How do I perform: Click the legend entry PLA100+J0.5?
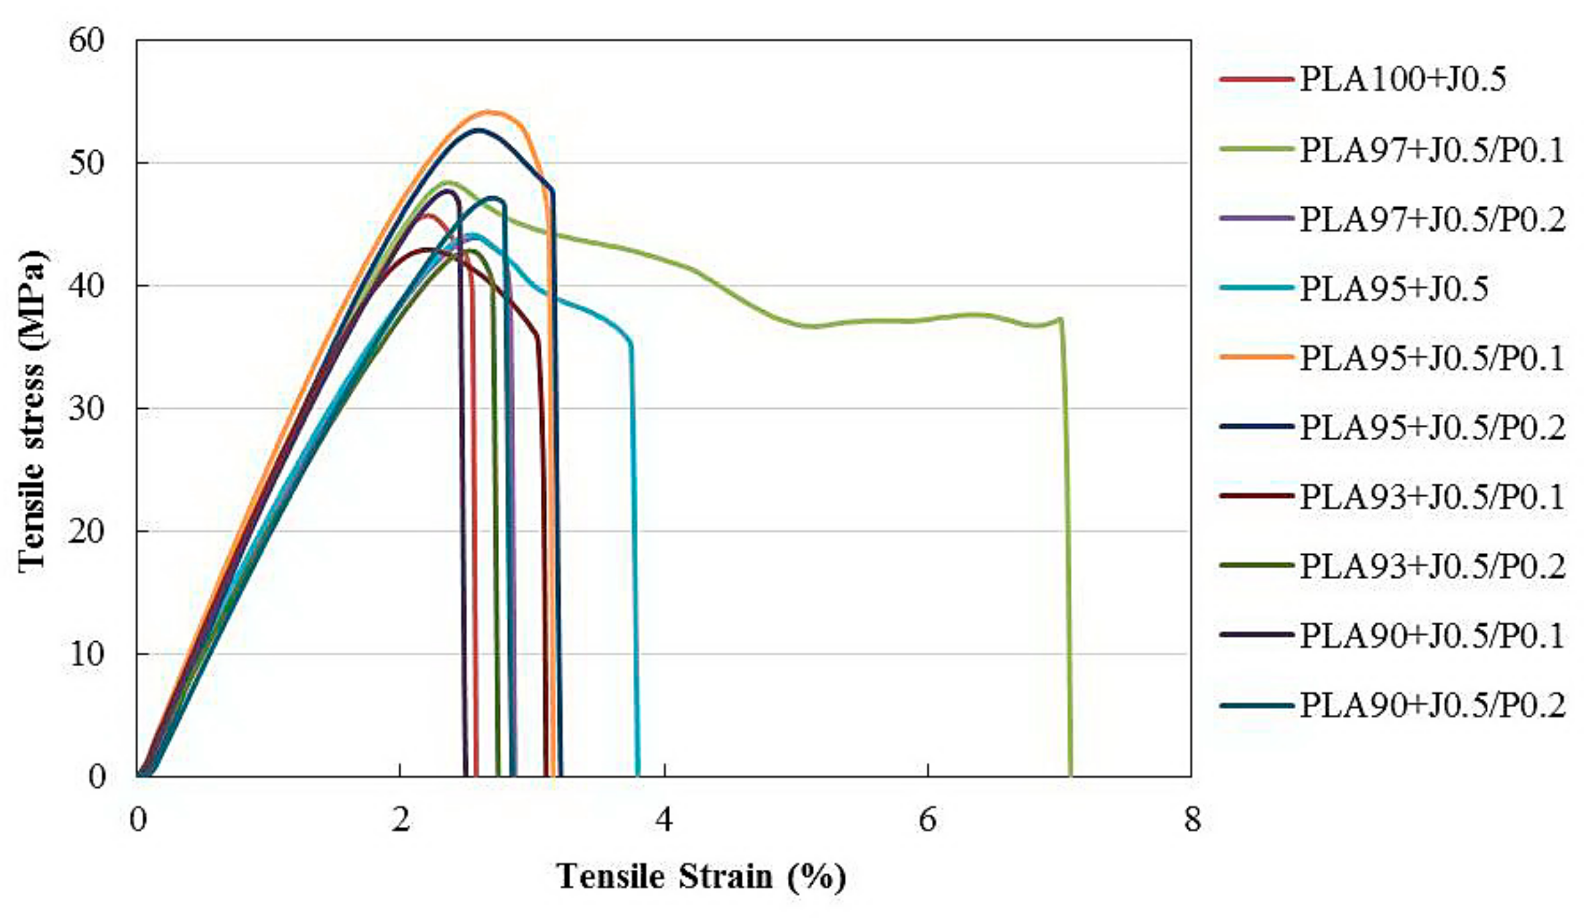point(1402,79)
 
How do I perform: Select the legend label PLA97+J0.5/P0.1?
point(1432,149)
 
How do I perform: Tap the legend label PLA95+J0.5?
point(1394,289)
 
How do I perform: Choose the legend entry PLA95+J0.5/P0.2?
point(1432,428)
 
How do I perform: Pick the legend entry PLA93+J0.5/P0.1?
point(1432,497)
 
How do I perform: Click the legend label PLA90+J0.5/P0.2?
point(1432,706)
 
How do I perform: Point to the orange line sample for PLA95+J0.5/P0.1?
point(1256,357)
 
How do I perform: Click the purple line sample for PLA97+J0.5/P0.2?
point(1256,218)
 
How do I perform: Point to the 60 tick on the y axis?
point(87,40)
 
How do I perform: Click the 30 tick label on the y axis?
point(87,409)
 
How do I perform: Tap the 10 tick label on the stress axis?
point(87,654)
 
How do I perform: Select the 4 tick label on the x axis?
point(663,820)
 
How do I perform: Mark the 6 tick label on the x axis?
point(927,820)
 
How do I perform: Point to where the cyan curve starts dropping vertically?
point(630,343)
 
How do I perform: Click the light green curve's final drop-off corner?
point(1061,319)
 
